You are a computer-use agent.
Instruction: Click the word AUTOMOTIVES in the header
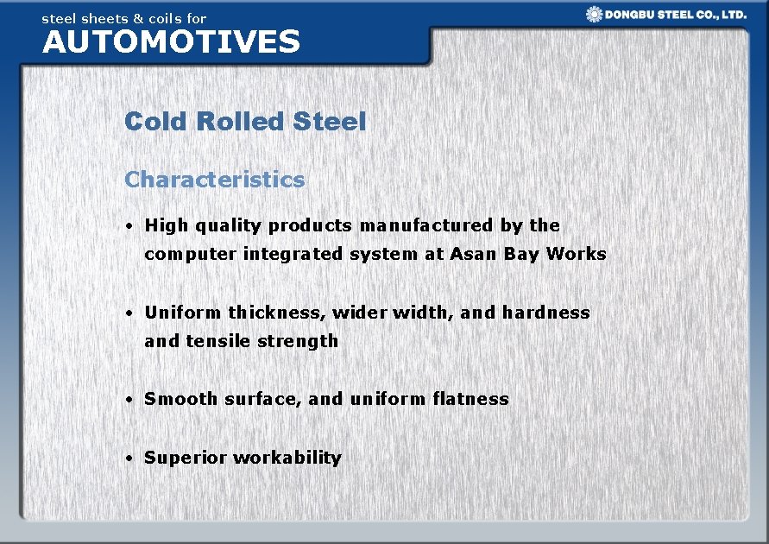tap(171, 41)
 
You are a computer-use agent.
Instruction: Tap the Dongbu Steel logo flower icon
tap(594, 14)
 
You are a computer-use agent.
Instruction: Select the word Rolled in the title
tap(240, 122)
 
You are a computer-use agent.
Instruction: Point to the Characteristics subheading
tap(214, 180)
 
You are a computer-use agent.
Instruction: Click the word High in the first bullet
tap(166, 226)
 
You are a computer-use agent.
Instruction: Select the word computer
tap(191, 255)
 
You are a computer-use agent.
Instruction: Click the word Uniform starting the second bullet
tap(182, 313)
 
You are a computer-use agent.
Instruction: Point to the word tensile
tap(213, 341)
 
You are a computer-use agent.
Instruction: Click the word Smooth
tap(181, 399)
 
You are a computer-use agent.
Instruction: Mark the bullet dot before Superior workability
tap(128, 459)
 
